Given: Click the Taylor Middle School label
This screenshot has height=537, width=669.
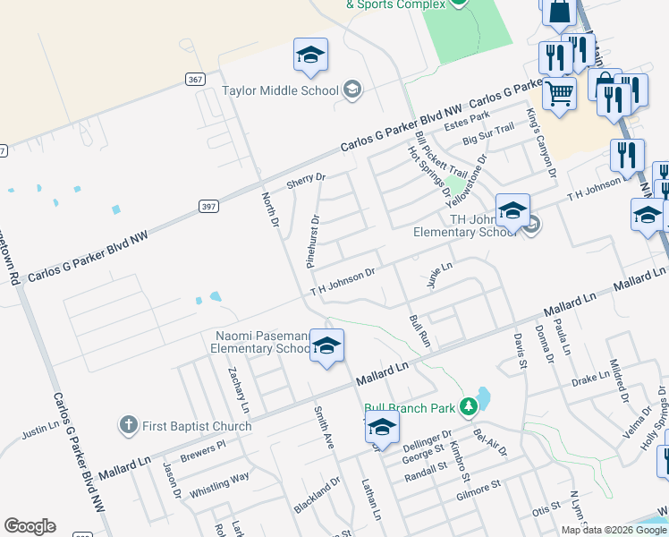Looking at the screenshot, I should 280,90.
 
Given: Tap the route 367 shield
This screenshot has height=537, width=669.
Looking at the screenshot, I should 196,79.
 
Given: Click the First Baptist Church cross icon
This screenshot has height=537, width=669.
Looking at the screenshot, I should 129,423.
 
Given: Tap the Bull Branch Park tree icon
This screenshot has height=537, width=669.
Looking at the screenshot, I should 467,408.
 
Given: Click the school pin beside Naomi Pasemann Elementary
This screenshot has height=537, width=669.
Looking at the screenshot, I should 327,347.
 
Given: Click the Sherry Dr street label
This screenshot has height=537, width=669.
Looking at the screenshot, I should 305,182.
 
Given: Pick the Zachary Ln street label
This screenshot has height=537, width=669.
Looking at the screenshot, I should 238,389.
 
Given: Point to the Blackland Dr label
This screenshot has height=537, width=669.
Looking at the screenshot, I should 318,495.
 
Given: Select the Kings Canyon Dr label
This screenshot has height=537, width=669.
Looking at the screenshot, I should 542,142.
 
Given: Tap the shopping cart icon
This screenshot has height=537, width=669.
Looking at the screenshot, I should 560,92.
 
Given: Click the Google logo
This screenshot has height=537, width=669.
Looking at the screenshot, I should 30,526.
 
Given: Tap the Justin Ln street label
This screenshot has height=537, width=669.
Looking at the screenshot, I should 39,431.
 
